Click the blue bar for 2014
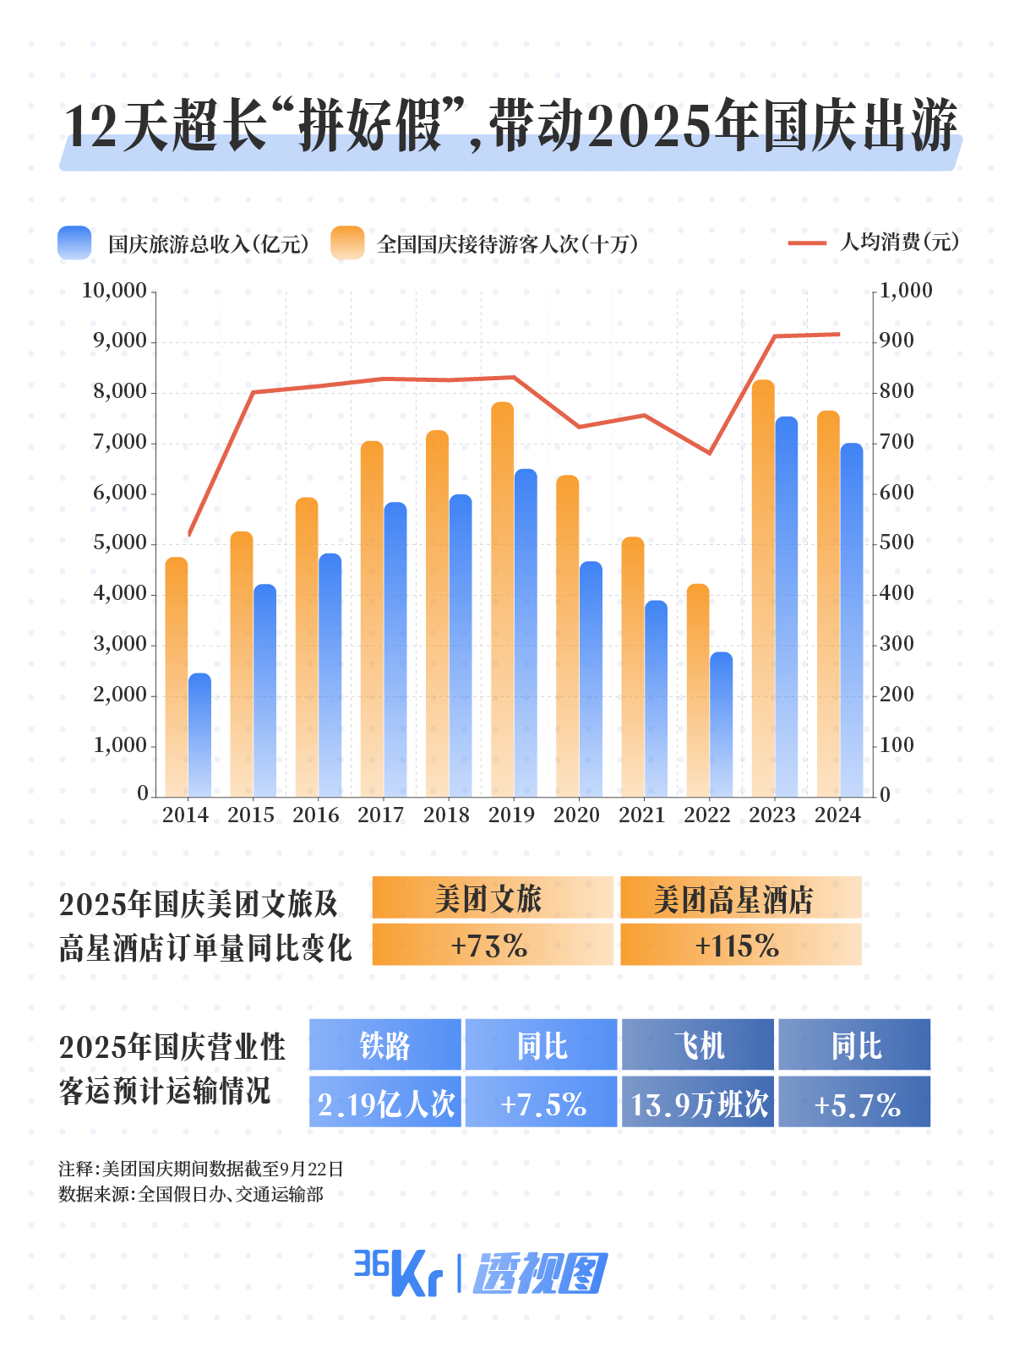199,735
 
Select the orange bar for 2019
503,600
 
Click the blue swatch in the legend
74,243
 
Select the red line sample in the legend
807,243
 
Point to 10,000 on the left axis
114,291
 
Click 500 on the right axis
897,542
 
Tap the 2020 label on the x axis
576,815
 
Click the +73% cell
492,945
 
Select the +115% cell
740,945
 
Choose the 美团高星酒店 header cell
740,898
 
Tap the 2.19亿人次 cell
385,1103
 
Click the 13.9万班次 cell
698,1103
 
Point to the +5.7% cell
855,1103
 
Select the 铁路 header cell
385,1045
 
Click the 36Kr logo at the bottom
397,1273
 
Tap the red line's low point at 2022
710,453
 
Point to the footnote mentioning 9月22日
201,1169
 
